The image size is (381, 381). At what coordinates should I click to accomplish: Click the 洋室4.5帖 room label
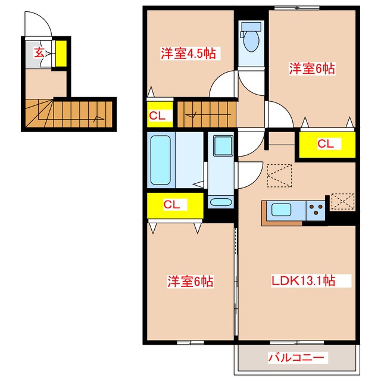point(188,53)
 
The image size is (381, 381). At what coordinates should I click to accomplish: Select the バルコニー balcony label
point(296,358)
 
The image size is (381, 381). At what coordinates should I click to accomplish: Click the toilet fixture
point(251,39)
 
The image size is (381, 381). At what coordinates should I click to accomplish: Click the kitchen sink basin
point(282,210)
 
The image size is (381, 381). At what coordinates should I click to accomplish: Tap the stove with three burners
point(315,210)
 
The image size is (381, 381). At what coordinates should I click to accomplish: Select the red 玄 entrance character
point(39,52)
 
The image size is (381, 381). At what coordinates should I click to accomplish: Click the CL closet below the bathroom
point(171,205)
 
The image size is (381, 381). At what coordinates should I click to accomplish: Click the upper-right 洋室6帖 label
point(313,68)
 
